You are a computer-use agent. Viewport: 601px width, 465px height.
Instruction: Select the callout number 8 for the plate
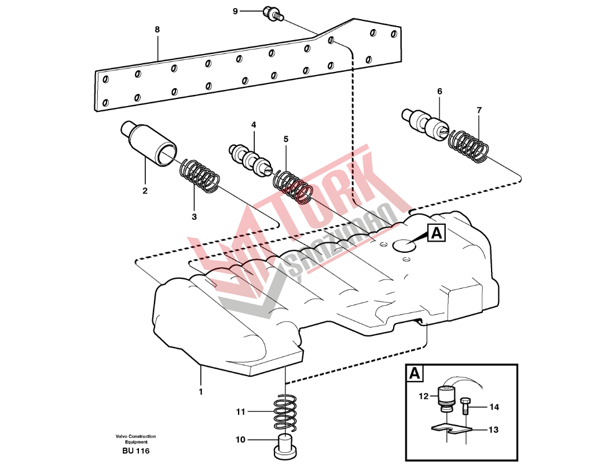[157, 29]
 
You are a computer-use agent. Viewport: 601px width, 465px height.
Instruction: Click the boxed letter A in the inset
[415, 374]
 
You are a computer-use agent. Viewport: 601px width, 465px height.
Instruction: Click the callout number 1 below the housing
[201, 391]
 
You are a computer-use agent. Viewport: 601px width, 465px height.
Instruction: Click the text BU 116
[135, 451]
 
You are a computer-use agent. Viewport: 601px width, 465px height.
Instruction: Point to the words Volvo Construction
[135, 437]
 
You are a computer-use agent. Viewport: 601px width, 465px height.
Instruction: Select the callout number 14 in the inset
[494, 407]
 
